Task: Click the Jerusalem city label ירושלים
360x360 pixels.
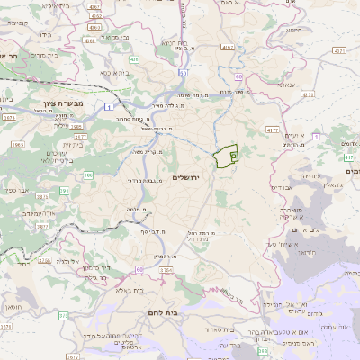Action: point(189,179)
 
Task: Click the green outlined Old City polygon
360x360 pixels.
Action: point(228,156)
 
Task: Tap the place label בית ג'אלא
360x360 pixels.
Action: point(118,290)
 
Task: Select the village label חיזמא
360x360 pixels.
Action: point(292,30)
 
